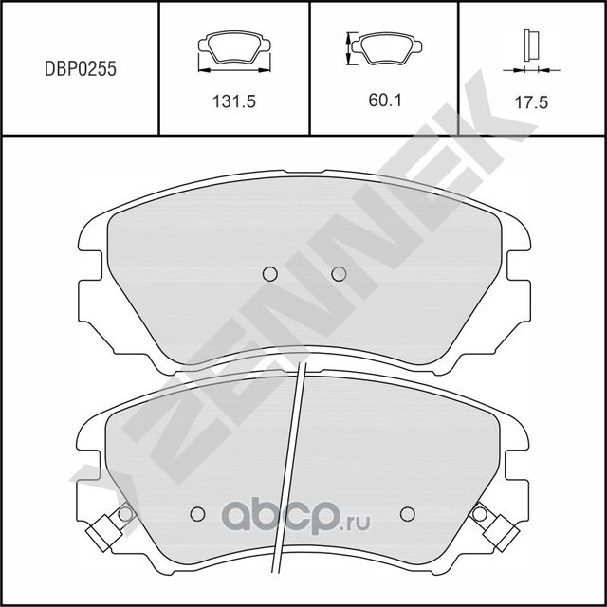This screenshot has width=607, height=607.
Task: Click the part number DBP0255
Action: click(80, 68)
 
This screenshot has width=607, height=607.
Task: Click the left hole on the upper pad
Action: click(268, 274)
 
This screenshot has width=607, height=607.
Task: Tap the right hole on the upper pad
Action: click(339, 274)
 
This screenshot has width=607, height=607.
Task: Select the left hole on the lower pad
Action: click(197, 514)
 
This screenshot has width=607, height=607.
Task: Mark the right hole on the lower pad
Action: click(408, 514)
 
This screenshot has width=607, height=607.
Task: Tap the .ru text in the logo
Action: click(357, 522)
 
